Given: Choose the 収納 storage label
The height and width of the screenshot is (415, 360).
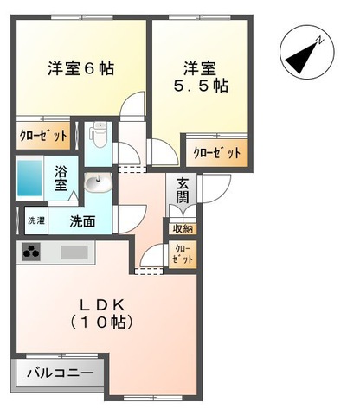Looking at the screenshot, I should pyautogui.click(x=182, y=228).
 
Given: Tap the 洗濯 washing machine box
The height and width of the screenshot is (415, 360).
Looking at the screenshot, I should pyautogui.click(x=35, y=221).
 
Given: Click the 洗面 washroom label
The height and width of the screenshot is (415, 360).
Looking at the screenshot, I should pyautogui.click(x=84, y=221).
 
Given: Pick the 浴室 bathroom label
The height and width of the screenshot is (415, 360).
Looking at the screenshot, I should pyautogui.click(x=62, y=177).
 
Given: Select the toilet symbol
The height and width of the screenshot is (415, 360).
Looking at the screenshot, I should pyautogui.click(x=98, y=137).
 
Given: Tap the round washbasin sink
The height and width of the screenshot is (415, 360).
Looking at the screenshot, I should pyautogui.click(x=94, y=183).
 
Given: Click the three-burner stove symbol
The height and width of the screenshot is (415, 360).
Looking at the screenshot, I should pyautogui.click(x=33, y=253).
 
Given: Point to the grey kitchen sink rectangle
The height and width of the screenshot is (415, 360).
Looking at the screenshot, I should pyautogui.click(x=74, y=253).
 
